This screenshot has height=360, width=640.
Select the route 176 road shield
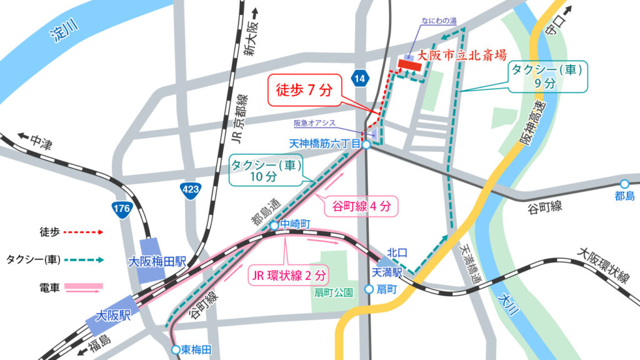click(x=121, y=211)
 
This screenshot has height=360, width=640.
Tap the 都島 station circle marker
click(x=624, y=184)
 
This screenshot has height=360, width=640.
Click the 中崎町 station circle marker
click(x=274, y=226)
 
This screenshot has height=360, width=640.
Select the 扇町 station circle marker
click(x=369, y=289)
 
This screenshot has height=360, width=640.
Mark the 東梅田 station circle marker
click(x=176, y=350)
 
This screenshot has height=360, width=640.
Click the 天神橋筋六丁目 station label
click(x=324, y=144)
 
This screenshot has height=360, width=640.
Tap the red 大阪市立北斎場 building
click(x=410, y=64)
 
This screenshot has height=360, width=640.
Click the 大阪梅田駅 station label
click(x=157, y=261)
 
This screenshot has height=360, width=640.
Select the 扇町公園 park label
click(x=334, y=292)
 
